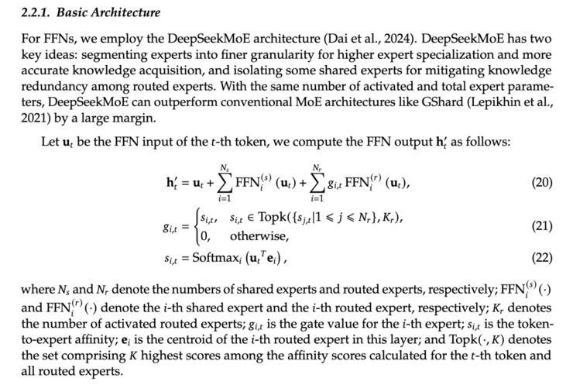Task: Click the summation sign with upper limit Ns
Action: [229, 184]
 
